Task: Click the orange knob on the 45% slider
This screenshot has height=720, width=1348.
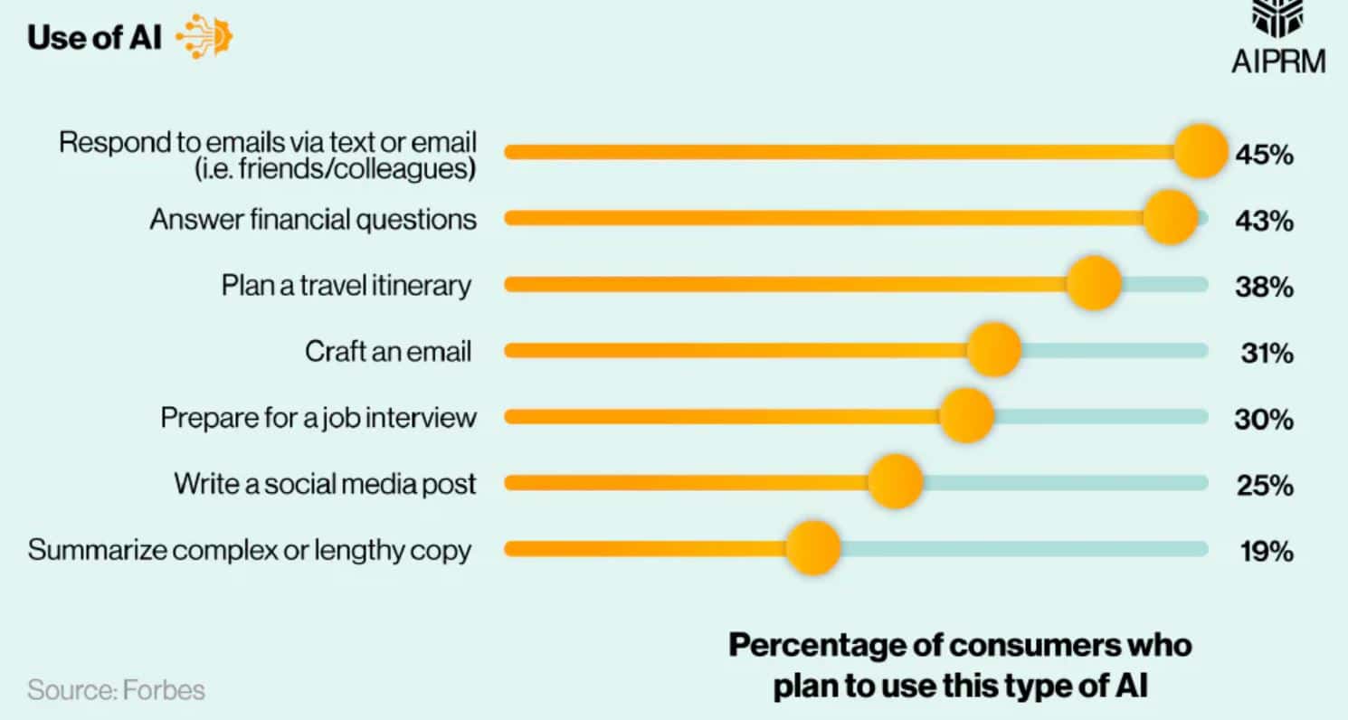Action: click(x=1201, y=152)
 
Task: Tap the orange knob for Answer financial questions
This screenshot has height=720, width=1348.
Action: click(x=1170, y=217)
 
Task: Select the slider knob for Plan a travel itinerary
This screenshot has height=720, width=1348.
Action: click(x=1093, y=284)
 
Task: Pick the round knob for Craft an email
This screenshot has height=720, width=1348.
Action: click(x=993, y=350)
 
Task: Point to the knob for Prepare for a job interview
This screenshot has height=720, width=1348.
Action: click(x=966, y=416)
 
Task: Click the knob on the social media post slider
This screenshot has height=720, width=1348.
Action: click(x=895, y=482)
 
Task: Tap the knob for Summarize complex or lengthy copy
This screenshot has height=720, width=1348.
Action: click(x=812, y=548)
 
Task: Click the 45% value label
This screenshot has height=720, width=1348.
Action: click(x=1264, y=155)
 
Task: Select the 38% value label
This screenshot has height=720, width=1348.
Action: click(x=1264, y=287)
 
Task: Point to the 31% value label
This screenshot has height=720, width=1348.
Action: click(x=1266, y=354)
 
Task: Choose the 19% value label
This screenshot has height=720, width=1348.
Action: click(x=1266, y=552)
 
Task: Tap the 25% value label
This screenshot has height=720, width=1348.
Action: click(x=1265, y=486)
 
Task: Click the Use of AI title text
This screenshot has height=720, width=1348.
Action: click(x=95, y=38)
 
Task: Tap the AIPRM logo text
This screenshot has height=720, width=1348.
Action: click(x=1277, y=61)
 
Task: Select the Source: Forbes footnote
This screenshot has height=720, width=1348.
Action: click(x=116, y=690)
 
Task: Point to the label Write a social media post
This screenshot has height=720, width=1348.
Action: click(x=325, y=483)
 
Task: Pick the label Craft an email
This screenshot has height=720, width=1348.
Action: click(x=388, y=351)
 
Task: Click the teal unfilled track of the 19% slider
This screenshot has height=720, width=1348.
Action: click(x=1022, y=549)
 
